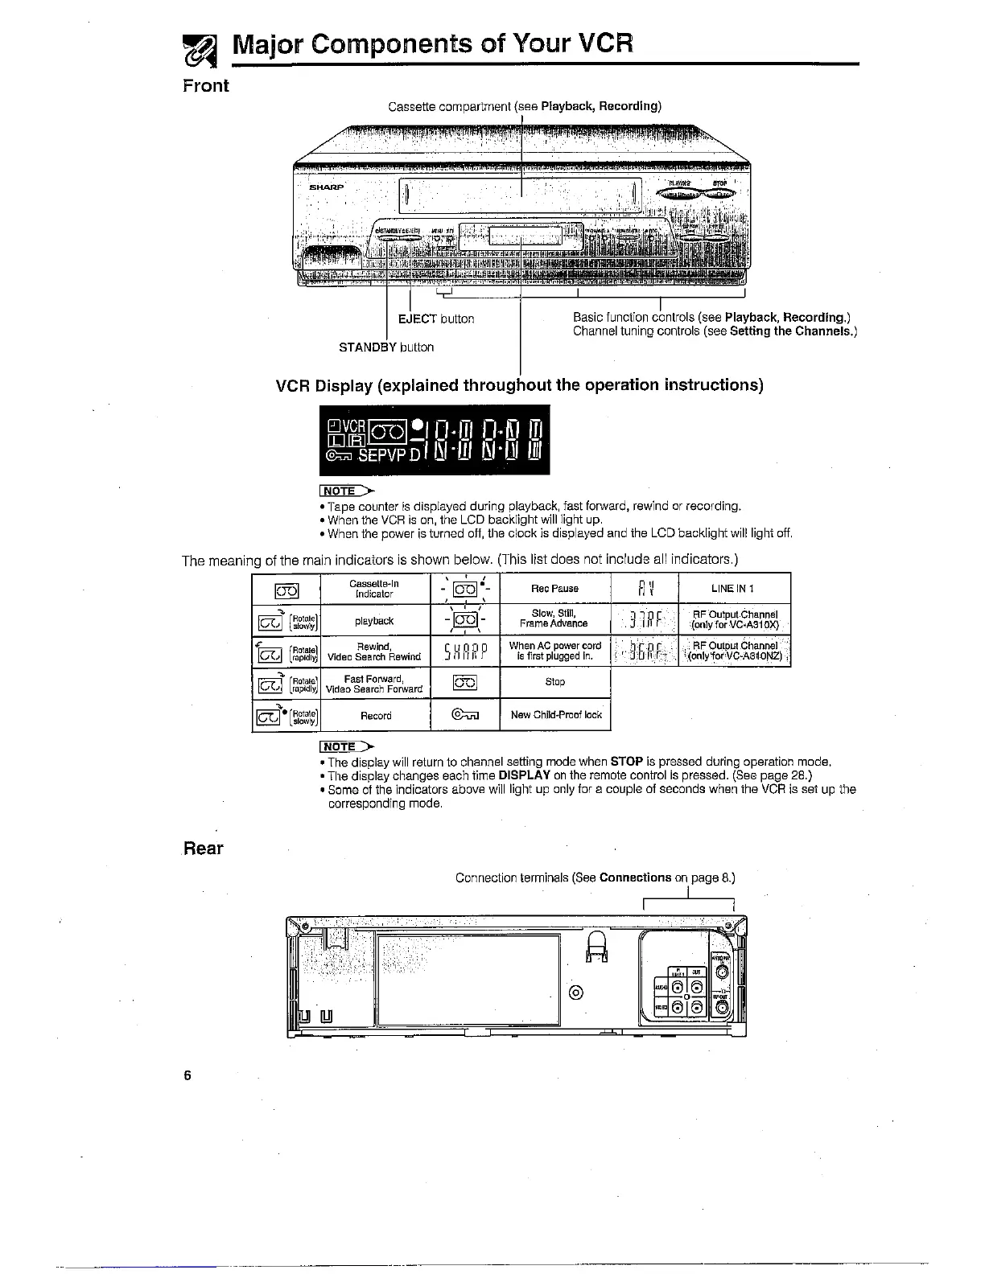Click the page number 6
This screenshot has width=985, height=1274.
(x=187, y=1076)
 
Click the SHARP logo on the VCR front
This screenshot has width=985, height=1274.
(x=327, y=187)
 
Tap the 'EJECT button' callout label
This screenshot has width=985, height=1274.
(x=436, y=318)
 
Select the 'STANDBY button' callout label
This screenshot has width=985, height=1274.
(x=386, y=347)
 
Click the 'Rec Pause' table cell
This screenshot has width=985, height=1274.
(x=554, y=588)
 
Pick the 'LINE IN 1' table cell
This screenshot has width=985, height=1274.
(x=733, y=588)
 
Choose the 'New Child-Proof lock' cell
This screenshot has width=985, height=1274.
(x=555, y=714)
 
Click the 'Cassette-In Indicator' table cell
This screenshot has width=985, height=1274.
(x=375, y=588)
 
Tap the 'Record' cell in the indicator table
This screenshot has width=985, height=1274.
(x=375, y=715)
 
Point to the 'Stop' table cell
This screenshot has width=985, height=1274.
(x=554, y=682)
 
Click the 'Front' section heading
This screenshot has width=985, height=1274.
(x=206, y=86)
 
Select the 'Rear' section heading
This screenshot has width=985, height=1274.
(x=204, y=849)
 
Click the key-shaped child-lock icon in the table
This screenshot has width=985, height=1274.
(x=464, y=714)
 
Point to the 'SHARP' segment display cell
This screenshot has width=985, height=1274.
(x=464, y=651)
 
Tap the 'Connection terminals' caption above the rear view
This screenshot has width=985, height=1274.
(x=595, y=877)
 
